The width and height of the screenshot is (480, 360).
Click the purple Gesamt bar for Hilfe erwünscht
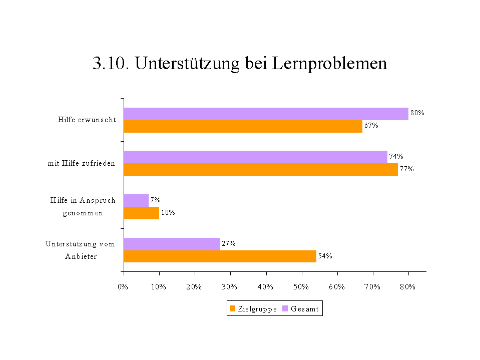(266, 114)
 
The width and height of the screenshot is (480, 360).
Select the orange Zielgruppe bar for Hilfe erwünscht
(243, 126)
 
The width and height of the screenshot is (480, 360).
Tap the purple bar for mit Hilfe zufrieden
(255, 157)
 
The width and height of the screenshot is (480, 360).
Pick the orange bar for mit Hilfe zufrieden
(261, 169)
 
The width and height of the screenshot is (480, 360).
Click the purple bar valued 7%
(136, 200)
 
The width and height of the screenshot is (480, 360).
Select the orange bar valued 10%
(141, 213)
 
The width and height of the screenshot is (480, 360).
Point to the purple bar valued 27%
(172, 244)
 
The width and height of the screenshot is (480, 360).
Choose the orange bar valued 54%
(220, 256)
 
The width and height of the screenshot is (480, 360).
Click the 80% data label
(417, 113)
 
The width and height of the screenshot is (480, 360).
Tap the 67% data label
(371, 126)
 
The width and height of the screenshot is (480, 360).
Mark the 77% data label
(406, 169)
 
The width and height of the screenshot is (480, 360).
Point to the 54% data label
(325, 256)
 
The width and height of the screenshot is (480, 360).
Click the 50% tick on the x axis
(301, 287)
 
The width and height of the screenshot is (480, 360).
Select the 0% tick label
(123, 287)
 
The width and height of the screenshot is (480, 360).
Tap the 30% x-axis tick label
(229, 287)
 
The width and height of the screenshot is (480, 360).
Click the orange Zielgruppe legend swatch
(232, 309)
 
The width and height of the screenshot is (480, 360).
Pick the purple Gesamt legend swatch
(285, 309)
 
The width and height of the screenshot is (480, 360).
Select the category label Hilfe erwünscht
(87, 120)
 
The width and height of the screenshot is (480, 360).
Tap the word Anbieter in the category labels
(81, 256)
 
